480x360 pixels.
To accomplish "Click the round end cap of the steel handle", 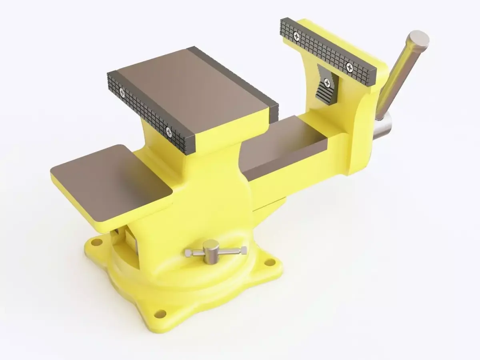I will tap(418, 40).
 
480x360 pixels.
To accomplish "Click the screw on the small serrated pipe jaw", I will tap(328, 83).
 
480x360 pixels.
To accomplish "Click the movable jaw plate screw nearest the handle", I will tap(350, 66).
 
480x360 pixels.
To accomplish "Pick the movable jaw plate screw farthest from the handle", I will tap(296, 37).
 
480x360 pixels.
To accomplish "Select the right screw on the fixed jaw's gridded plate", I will tap(168, 130).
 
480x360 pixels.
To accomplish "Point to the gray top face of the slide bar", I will tap(280, 148).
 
